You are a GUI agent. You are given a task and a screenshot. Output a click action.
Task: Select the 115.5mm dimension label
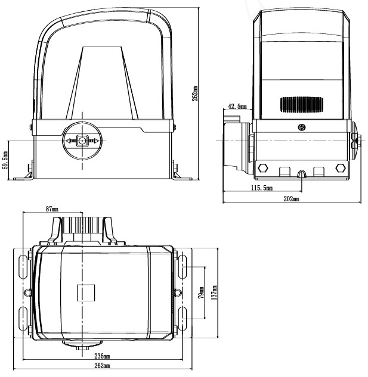[x=261, y=188]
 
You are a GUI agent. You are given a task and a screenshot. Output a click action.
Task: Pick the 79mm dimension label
[x=201, y=292]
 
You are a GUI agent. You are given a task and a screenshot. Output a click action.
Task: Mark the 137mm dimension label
[x=213, y=292]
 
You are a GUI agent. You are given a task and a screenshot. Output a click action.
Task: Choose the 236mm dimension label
[x=102, y=356]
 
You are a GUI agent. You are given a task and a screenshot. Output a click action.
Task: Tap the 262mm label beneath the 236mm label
[x=102, y=365]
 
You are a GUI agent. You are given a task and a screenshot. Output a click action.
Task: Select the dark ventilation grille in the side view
[x=301, y=105]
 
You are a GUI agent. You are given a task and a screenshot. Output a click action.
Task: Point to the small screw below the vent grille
[x=302, y=127]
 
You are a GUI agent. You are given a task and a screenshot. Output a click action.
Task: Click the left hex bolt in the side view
[x=262, y=167]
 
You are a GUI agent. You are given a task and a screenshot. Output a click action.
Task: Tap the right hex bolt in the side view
[x=341, y=167]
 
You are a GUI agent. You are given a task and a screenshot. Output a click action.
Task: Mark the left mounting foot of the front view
[x=26, y=173]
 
